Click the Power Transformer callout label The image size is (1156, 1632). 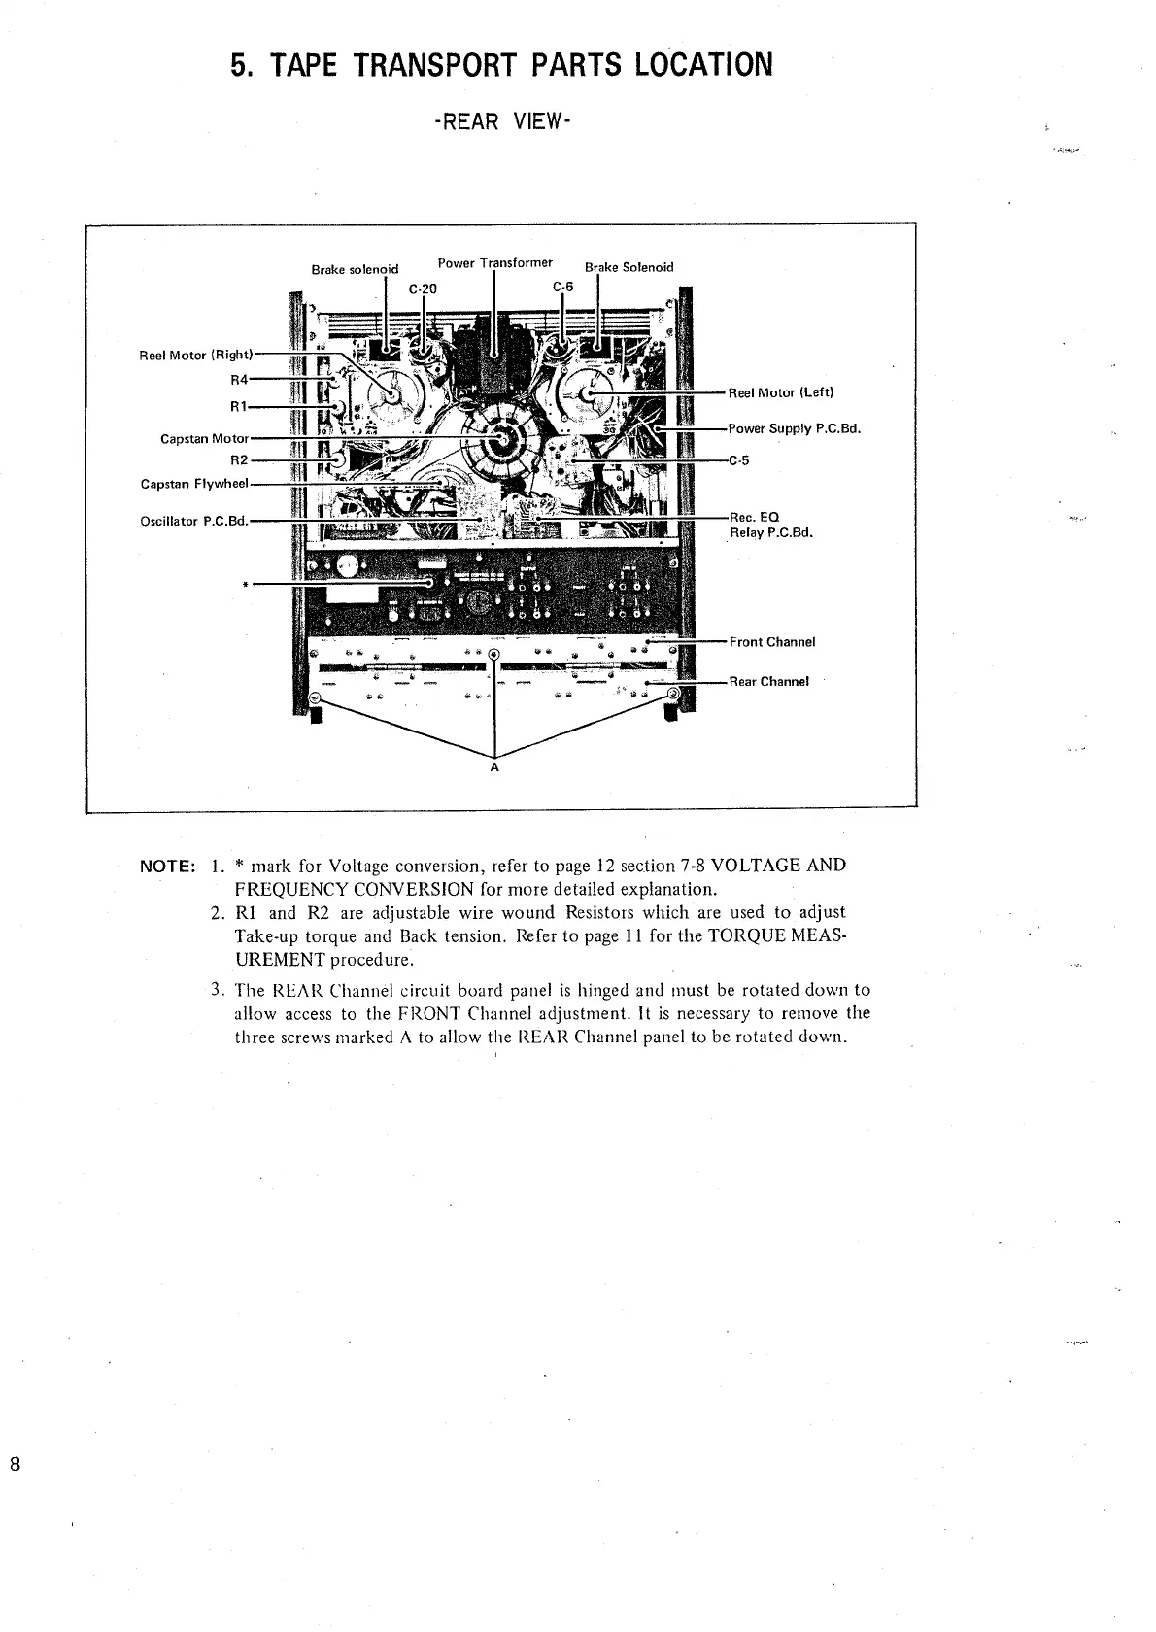pos(495,263)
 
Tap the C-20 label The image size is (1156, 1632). pos(423,289)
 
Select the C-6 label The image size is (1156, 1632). pos(563,287)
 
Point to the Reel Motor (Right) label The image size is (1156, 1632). pos(197,356)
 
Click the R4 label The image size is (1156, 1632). pos(240,380)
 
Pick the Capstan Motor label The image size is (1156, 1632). pos(205,439)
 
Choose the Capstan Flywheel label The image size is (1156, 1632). pos(194,483)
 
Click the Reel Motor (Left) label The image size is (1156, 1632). pos(781,392)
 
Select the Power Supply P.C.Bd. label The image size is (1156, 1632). pos(795,428)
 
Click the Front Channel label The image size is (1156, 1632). pos(772,642)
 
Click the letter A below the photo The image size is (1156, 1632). pos(494,767)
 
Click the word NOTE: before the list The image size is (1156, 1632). pos(170,866)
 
